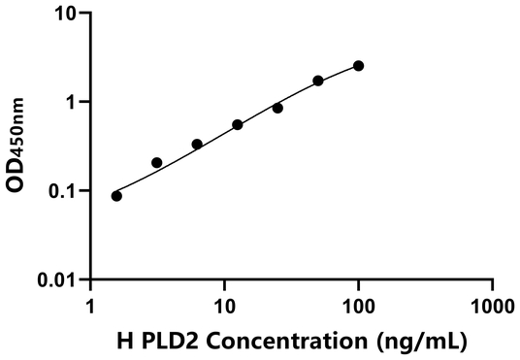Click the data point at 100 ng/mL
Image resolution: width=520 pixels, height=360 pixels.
(x=359, y=66)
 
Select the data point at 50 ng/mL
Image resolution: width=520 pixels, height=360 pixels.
(x=318, y=81)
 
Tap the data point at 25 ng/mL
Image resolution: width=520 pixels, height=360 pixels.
(x=277, y=108)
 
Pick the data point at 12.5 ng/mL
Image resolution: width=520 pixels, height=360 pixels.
(x=238, y=124)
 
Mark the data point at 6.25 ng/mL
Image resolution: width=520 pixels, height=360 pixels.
(x=197, y=145)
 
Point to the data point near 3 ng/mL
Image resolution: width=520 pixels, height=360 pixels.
(x=157, y=162)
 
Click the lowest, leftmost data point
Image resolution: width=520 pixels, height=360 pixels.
(x=116, y=196)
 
